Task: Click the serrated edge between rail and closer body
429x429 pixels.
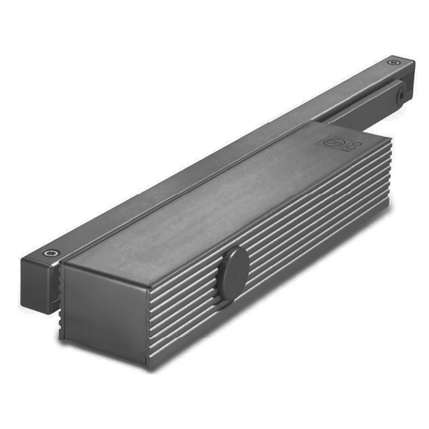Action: pos(57,290)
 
